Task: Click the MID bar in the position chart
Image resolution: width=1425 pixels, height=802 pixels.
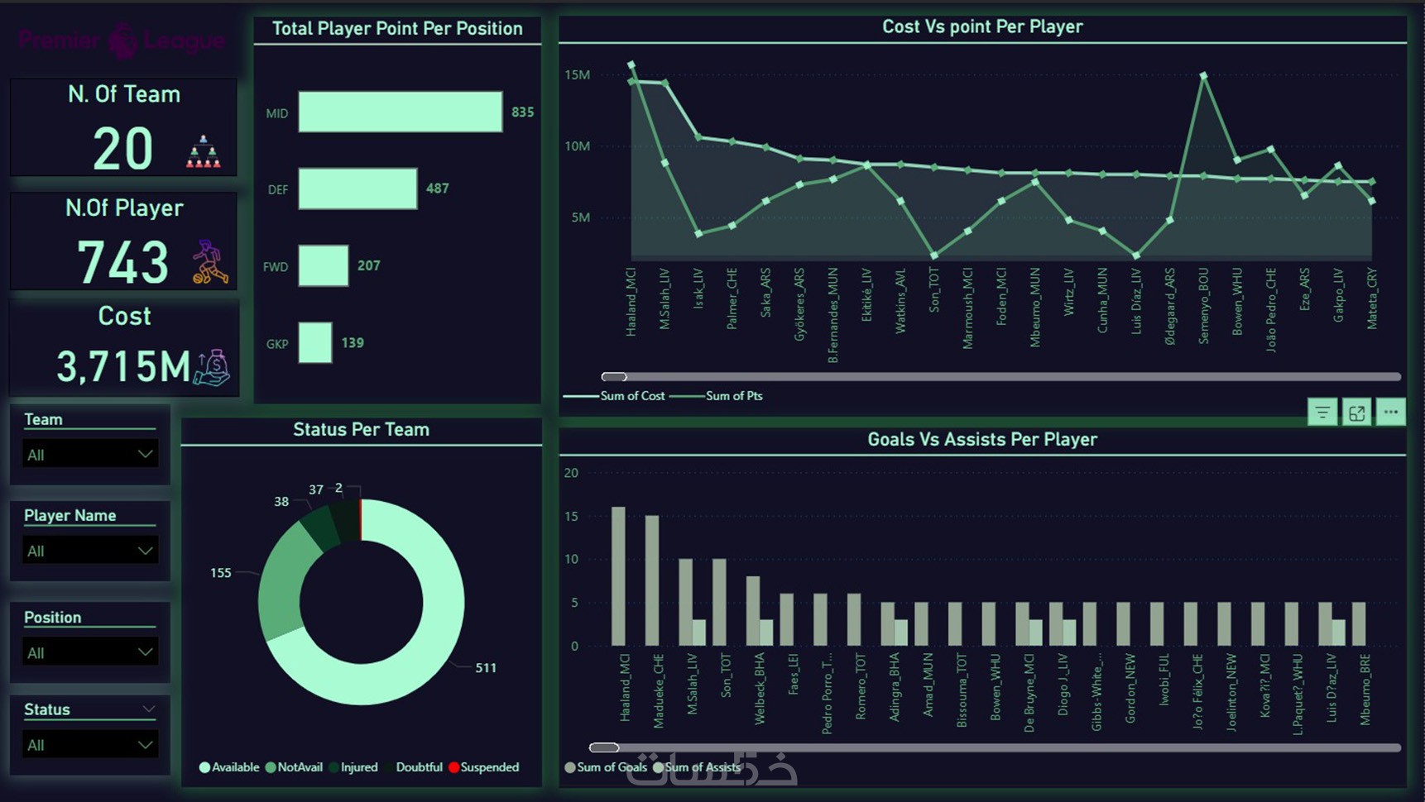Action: (400, 112)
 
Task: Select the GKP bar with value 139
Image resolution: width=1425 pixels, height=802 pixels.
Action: (315, 342)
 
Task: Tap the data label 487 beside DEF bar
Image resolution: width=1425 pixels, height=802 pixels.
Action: (437, 189)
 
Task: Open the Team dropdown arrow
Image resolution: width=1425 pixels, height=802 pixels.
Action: (145, 454)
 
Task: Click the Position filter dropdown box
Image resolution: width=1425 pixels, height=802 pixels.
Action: (89, 652)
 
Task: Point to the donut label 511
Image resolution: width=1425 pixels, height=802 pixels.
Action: (486, 668)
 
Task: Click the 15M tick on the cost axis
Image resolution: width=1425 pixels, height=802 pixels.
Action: (577, 75)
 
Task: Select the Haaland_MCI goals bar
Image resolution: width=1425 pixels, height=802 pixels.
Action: (618, 575)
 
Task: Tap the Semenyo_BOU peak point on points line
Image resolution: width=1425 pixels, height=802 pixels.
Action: (1203, 75)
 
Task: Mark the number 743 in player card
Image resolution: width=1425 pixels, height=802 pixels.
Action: (123, 262)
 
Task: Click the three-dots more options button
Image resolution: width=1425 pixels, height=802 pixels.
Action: (1390, 412)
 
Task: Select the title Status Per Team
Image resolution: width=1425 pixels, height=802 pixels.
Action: (361, 429)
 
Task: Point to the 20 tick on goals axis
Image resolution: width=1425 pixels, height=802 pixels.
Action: (571, 473)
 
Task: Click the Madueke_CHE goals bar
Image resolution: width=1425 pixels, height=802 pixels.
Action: (652, 580)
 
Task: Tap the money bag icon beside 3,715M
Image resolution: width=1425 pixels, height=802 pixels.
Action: (213, 368)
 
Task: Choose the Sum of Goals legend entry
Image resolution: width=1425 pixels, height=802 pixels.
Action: (607, 767)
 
